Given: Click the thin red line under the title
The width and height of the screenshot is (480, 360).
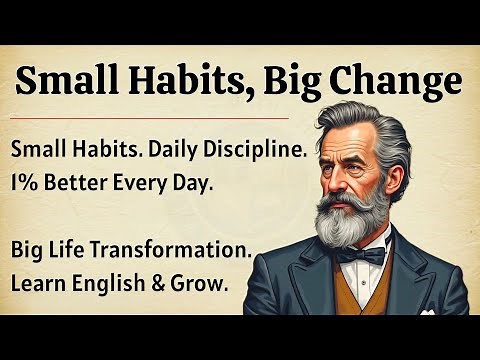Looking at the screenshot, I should [150, 118].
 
